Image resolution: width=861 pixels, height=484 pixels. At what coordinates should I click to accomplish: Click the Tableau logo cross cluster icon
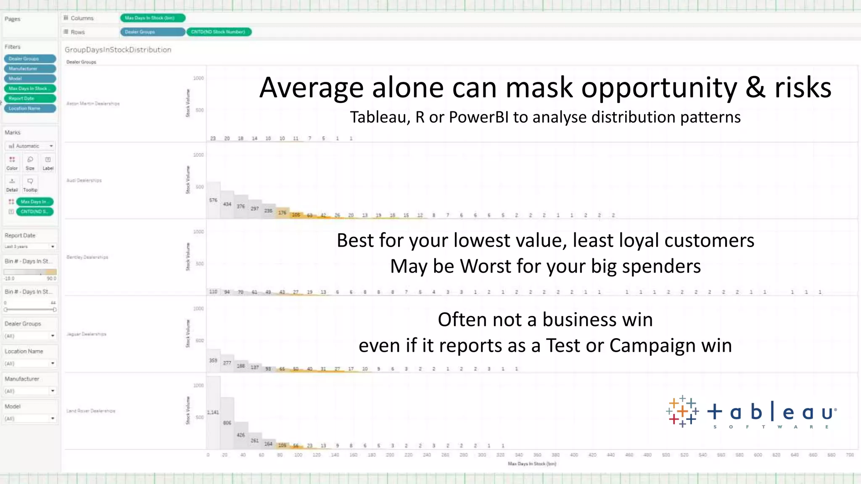(682, 411)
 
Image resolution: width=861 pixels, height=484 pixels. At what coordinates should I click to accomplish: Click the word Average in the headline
(311, 88)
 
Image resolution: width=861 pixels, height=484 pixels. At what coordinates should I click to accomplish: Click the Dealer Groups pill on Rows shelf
(152, 32)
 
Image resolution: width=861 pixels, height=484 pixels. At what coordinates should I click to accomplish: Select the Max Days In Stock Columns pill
(153, 18)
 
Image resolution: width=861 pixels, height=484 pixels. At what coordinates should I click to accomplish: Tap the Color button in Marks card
(12, 163)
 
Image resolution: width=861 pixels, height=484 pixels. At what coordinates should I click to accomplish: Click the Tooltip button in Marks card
(30, 184)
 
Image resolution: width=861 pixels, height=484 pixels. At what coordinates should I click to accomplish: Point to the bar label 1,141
(213, 412)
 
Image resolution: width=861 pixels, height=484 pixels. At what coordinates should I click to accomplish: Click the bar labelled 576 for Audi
(213, 200)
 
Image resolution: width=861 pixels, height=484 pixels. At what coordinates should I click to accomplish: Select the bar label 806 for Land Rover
(227, 423)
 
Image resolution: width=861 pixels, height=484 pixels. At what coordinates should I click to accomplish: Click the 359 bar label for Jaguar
(213, 360)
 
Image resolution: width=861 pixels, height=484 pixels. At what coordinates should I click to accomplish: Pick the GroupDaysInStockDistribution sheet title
(118, 50)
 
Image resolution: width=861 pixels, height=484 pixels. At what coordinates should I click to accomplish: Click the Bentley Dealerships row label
(87, 257)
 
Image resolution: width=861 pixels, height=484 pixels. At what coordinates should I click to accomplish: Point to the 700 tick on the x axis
(850, 455)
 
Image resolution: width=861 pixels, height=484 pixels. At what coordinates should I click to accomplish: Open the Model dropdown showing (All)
(30, 418)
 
